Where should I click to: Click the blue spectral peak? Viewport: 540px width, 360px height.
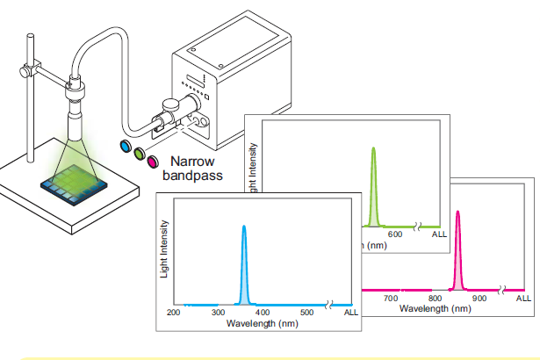[244, 263]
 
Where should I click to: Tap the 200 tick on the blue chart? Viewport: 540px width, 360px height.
[174, 313]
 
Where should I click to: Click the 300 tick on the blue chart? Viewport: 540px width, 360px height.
[218, 313]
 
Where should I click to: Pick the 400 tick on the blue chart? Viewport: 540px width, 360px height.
[263, 313]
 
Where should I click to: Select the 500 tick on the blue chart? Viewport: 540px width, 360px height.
[306, 313]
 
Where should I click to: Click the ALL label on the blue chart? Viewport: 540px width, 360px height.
[350, 313]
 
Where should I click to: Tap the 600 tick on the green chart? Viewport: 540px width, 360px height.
[394, 234]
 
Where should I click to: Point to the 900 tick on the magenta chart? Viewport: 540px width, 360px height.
[479, 299]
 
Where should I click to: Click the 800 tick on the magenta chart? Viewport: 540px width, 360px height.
[435, 299]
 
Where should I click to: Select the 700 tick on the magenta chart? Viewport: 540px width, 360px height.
[390, 299]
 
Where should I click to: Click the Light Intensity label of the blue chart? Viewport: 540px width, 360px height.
[163, 250]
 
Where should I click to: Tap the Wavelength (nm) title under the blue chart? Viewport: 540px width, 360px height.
[263, 323]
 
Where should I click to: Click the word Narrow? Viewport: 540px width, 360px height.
[192, 162]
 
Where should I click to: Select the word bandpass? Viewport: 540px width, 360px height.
[194, 176]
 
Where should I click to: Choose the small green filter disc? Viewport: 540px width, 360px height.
[139, 153]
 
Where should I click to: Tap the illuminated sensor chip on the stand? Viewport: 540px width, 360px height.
[74, 183]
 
